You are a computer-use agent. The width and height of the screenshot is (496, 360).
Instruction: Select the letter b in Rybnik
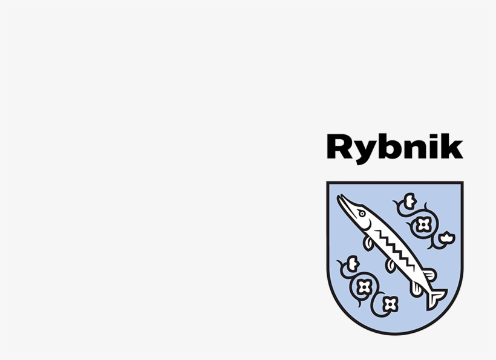click(393, 146)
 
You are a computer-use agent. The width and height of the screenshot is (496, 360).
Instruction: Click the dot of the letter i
click(439, 136)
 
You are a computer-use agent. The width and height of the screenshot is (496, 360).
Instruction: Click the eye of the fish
click(362, 214)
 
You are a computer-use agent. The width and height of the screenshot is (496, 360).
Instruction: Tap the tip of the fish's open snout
click(339, 195)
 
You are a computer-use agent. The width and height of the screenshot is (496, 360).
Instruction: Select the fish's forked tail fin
click(436, 299)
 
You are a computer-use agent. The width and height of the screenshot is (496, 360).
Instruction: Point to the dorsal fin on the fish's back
click(430, 274)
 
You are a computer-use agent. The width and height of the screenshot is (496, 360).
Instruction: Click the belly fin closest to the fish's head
click(368, 244)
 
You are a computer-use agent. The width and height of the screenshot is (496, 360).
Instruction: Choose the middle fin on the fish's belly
click(390, 266)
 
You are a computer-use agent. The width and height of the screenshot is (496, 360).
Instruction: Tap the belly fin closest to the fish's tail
click(416, 289)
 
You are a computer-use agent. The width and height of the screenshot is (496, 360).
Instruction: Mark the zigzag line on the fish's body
click(396, 249)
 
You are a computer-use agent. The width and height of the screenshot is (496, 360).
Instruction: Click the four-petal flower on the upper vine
click(423, 225)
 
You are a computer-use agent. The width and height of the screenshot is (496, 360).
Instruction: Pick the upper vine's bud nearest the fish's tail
click(446, 238)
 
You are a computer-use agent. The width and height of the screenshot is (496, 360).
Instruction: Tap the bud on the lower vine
click(352, 263)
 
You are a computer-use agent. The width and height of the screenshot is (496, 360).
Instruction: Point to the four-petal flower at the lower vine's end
click(390, 304)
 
